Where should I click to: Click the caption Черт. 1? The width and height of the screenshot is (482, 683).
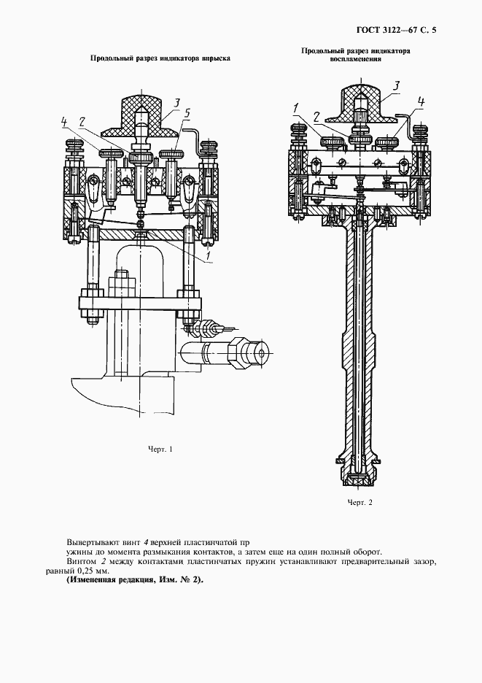(x=159, y=449)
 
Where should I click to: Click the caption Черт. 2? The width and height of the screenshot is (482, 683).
(x=359, y=503)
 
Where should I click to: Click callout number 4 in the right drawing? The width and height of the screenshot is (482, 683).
(x=421, y=101)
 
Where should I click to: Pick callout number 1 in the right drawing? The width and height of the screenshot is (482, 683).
(x=296, y=108)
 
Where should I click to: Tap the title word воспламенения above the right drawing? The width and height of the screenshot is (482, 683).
(x=357, y=61)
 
